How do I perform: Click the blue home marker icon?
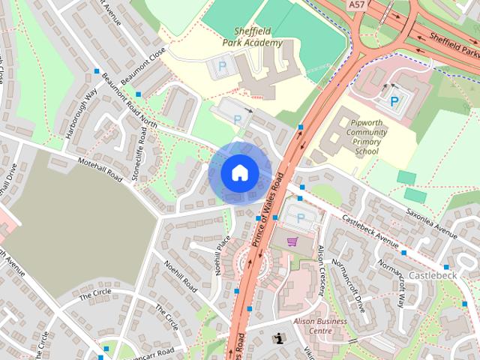coord(238,172)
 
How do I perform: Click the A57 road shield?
coord(358,5)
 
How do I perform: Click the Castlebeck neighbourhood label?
coord(433,276)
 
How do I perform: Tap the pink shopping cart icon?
coord(293,241)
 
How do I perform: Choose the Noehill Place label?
coord(223,256)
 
